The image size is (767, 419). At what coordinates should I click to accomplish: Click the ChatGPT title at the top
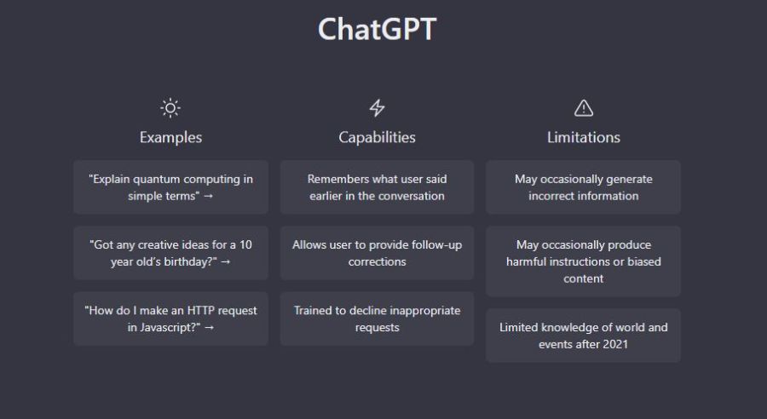[x=377, y=29]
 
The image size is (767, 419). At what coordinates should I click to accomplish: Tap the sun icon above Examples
[x=170, y=108]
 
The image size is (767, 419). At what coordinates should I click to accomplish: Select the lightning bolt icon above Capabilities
[x=377, y=108]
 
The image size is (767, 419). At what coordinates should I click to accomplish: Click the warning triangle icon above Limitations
[x=584, y=108]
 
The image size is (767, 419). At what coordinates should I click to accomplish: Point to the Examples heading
[x=170, y=137]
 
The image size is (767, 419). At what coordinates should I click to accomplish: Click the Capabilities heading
[x=378, y=137]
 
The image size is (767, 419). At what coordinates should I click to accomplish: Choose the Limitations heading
[x=584, y=137]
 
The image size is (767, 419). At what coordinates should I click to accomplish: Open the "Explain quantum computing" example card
[x=170, y=187]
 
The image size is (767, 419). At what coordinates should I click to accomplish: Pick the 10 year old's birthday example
[x=170, y=253]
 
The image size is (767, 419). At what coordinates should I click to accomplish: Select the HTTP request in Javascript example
[x=170, y=319]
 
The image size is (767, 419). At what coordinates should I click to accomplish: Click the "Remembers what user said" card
[x=378, y=187]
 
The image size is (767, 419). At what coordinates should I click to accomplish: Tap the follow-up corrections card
[x=378, y=253]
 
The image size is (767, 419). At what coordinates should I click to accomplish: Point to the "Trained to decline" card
[x=378, y=319]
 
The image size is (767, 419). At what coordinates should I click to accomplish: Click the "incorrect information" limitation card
[x=584, y=187]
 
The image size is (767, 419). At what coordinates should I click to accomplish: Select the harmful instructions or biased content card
[x=584, y=261]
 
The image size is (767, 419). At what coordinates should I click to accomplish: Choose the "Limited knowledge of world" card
[x=584, y=336]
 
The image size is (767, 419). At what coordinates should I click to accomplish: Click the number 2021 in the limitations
[x=615, y=344]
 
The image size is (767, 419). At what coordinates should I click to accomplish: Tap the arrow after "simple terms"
[x=209, y=196]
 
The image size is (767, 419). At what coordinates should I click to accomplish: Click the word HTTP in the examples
[x=200, y=311]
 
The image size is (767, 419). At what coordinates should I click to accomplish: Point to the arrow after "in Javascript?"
[x=210, y=328]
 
